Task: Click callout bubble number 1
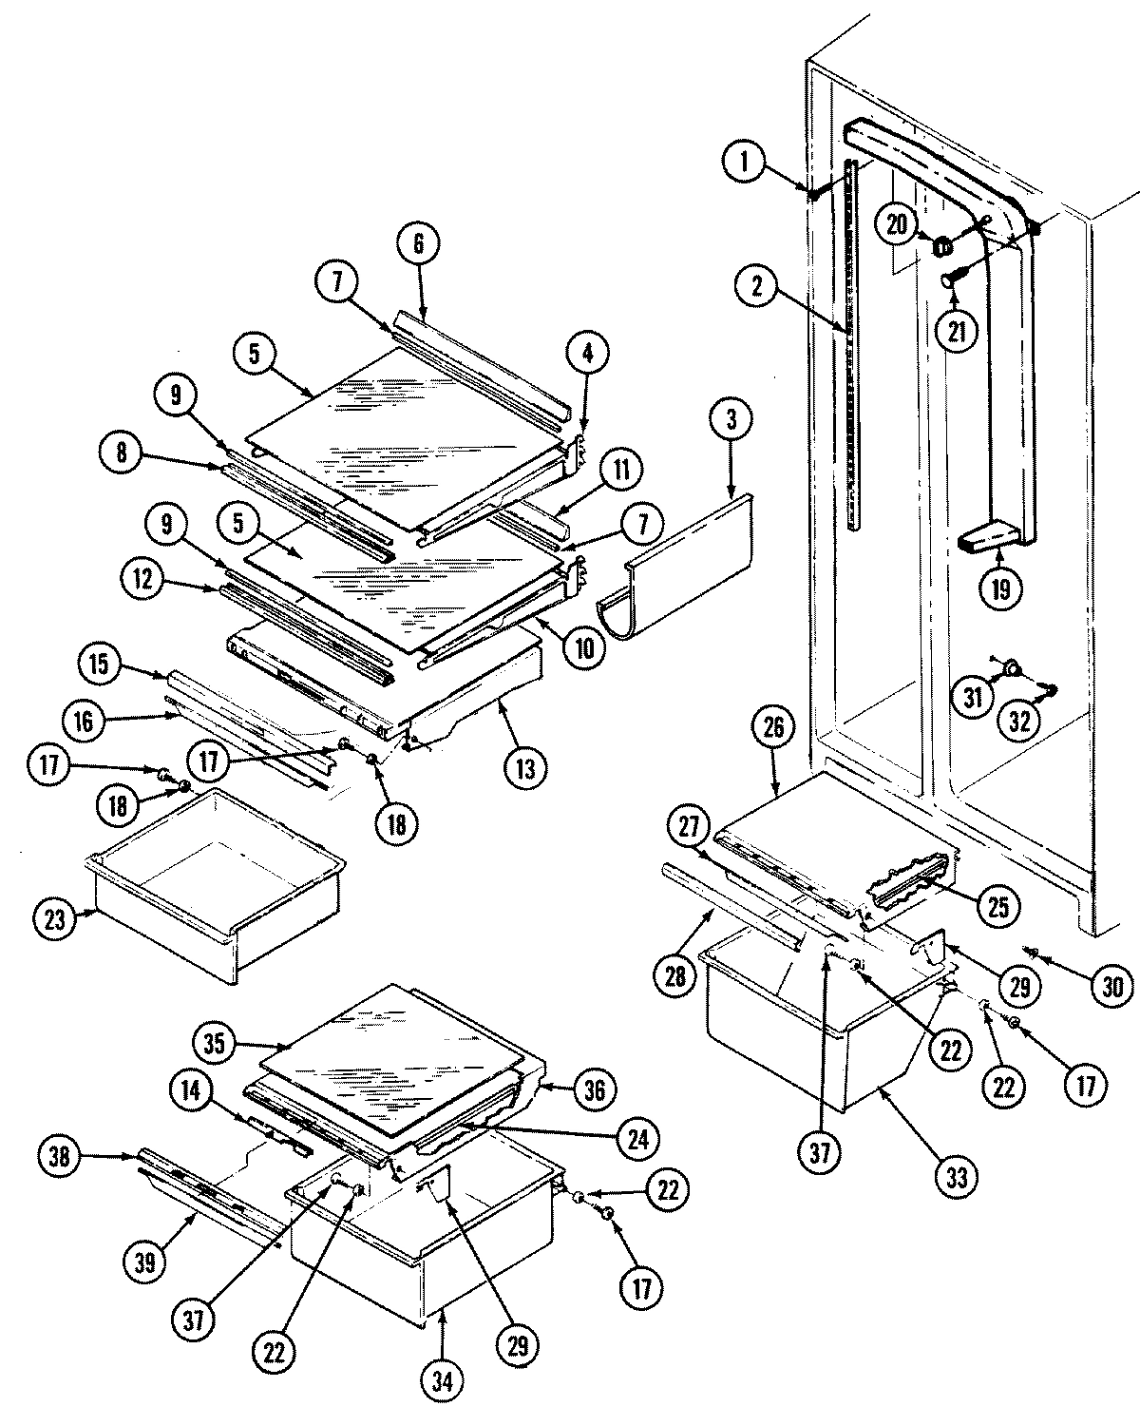coord(746,162)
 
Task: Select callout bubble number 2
coord(757,287)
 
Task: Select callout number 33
coord(956,1177)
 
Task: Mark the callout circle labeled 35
coord(217,1043)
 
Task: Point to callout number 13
coord(525,765)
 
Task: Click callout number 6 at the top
coord(419,243)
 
